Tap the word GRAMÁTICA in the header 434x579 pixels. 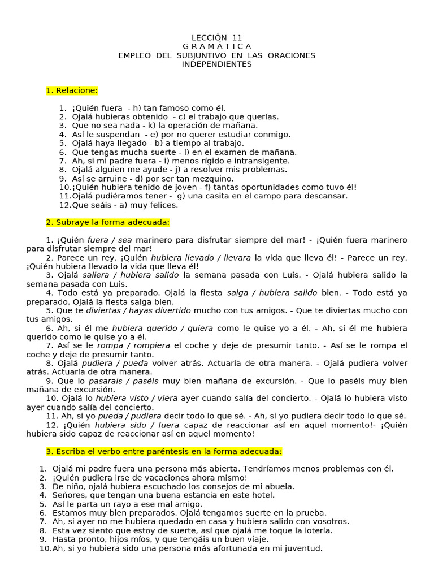pos(217,46)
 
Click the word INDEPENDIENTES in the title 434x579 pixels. pos(217,64)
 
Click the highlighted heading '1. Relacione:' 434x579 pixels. pos(72,90)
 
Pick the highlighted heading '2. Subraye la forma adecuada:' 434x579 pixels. pos(108,222)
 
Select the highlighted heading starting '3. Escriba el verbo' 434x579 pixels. pos(163,451)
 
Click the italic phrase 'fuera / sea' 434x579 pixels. pos(110,240)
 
